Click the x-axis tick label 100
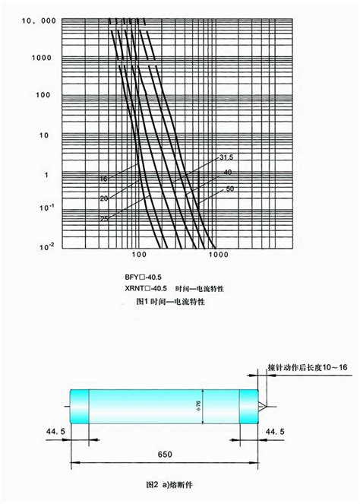point(138,256)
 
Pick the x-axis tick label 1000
point(216,256)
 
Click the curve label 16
point(104,179)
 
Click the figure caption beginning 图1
point(171,302)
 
